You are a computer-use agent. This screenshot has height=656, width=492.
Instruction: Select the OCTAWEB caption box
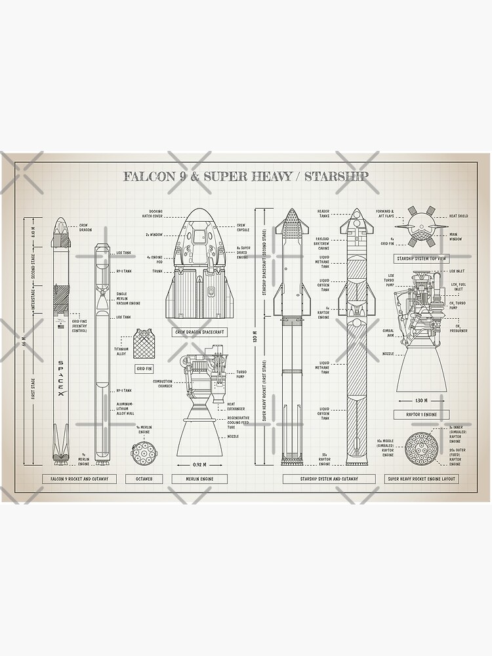[x=144, y=479]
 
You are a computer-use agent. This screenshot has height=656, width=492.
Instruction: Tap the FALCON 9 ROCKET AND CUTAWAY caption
[x=79, y=479]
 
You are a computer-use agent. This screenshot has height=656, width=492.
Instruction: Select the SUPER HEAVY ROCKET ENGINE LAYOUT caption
[x=421, y=479]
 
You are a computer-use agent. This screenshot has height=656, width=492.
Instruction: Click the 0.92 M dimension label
[x=200, y=464]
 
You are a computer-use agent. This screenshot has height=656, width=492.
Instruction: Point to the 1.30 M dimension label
[x=420, y=400]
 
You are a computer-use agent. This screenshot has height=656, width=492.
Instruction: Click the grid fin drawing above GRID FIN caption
[x=144, y=344]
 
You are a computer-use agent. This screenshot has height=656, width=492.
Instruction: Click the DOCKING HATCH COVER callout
[x=155, y=213]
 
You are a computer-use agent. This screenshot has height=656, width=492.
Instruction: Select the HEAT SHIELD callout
[x=459, y=216]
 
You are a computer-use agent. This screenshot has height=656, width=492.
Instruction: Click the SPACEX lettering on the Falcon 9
[x=61, y=377]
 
